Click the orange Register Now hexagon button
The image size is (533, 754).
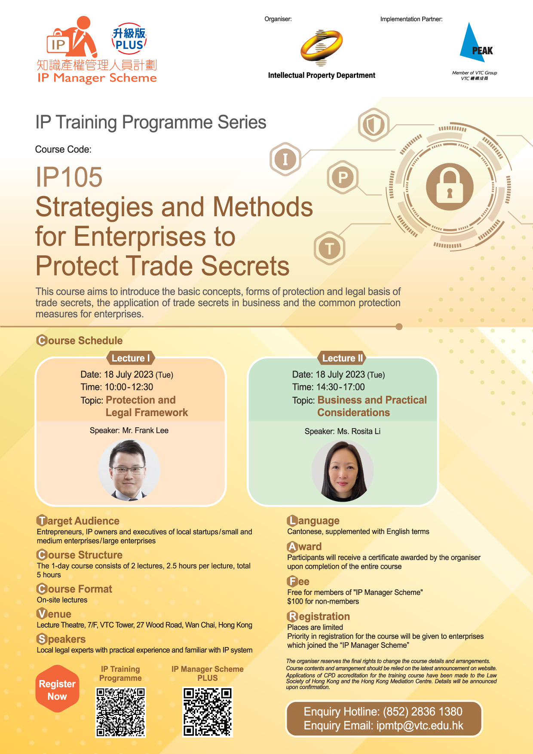coord(57,689)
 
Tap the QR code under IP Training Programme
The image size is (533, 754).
coord(121,712)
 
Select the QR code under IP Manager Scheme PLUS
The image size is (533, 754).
coord(208,712)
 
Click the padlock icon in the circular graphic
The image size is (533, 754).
coord(450,187)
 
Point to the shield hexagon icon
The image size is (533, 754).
coord(374,125)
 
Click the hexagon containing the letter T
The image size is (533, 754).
coord(330,248)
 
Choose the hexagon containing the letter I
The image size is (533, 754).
coord(285,159)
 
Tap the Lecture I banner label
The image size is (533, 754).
coord(130,358)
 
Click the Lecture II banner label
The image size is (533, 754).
coord(343,358)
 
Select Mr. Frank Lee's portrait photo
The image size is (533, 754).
coord(129,470)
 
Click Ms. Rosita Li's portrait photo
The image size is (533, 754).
coord(343,471)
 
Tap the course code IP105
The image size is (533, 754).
coord(69,177)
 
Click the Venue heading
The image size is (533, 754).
coord(54,614)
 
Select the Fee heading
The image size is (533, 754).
coord(298,582)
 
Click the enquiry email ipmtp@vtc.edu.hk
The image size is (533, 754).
coord(420,726)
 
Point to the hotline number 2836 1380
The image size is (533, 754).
coord(438,712)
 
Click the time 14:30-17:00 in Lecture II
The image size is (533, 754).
coord(340,387)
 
